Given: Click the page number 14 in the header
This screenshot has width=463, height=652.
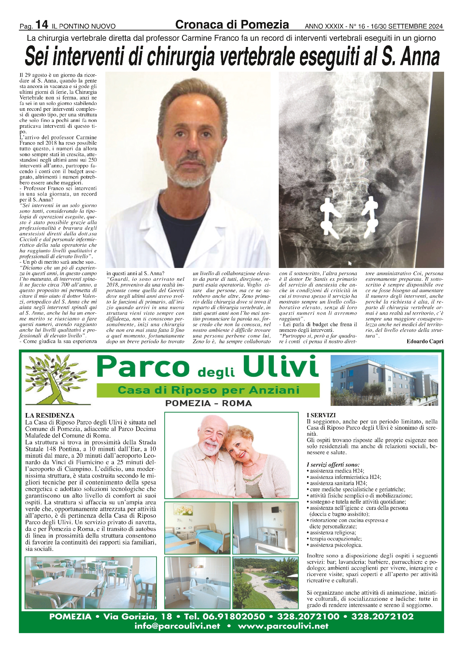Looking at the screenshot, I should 42,24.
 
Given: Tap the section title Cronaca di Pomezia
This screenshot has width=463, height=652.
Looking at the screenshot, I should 232,24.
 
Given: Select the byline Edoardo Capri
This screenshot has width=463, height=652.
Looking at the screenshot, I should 425,341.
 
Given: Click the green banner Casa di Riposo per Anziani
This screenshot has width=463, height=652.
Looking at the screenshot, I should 208,390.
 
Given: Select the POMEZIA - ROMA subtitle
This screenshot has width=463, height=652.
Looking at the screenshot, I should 209,403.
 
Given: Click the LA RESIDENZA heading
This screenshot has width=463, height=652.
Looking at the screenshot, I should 50,415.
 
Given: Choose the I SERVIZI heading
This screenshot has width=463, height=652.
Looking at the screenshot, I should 321,415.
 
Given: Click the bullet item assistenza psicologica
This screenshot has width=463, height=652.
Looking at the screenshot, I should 336,545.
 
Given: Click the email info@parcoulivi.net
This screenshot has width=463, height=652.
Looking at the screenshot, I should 177,626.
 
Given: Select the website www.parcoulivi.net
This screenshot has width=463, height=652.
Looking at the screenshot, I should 283,626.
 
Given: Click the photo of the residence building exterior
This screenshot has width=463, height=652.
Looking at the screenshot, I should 384,380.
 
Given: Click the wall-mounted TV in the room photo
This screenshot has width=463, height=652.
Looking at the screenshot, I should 276,510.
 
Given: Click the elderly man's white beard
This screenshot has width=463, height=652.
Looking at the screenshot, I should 211,449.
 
